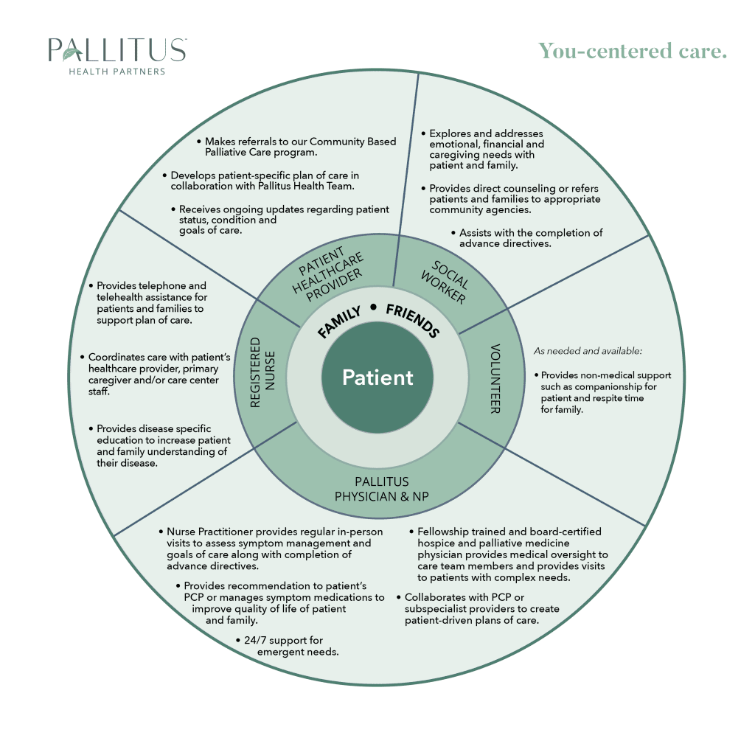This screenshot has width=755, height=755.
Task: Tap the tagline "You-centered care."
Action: (x=633, y=51)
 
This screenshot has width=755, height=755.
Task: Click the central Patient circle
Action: (x=377, y=377)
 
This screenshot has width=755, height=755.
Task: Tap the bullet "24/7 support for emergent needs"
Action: (x=288, y=646)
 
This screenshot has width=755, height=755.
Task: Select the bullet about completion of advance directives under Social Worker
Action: (x=526, y=237)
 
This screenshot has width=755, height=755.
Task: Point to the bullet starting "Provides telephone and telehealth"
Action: (x=147, y=303)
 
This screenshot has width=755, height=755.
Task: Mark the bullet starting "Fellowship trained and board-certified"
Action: (x=509, y=554)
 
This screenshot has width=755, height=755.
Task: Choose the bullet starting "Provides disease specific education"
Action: (x=159, y=445)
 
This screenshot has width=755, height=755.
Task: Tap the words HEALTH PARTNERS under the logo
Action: (x=116, y=72)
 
